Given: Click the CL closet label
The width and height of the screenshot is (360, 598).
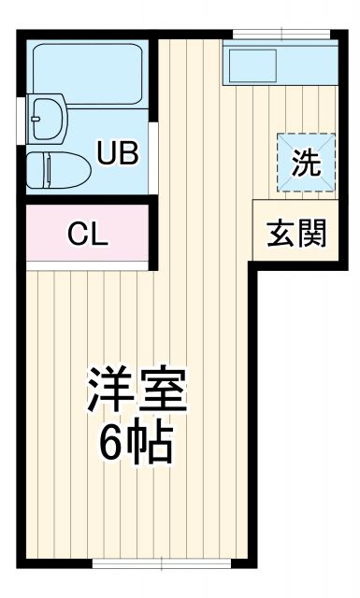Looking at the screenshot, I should click(89, 234).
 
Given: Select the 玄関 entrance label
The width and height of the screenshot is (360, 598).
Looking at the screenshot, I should click(298, 234).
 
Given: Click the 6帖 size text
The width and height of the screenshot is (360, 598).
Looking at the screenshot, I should click(137, 446).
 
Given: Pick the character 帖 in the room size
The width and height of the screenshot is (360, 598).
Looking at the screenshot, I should click(152, 446).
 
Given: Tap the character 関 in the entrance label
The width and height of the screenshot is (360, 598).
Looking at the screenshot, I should click(313, 234).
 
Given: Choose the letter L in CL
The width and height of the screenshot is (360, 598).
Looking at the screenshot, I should click(100, 234).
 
